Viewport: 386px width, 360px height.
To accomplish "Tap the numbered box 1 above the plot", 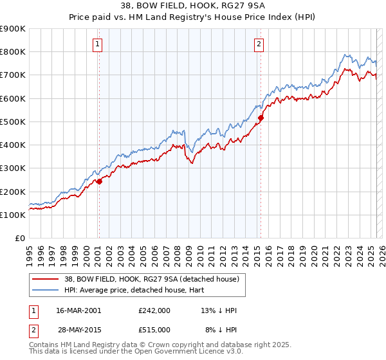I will pos(97,44).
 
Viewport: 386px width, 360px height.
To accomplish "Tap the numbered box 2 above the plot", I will pos(259,44).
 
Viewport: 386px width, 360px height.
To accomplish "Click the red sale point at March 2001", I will pos(100,181).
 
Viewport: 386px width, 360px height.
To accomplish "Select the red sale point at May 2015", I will pos(261,118).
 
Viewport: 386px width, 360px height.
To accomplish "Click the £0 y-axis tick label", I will pos(20,238).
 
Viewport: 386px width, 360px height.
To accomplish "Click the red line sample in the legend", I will pos(44,278).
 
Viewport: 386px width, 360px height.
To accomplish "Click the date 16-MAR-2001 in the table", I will pos(78,310).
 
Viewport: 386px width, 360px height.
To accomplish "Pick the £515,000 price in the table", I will pos(154,329).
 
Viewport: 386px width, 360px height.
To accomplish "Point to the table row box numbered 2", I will pos(33,329).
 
